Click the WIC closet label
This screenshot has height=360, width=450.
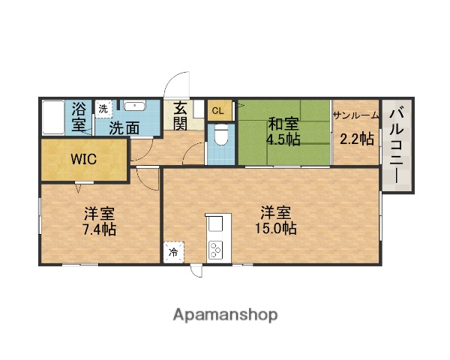click(84, 159)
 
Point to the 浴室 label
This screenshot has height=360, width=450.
click(79, 116)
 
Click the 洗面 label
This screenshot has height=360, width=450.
click(124, 127)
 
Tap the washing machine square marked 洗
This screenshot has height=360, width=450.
click(103, 108)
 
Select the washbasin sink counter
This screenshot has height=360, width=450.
click(136, 106)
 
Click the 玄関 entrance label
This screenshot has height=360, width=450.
click(181, 116)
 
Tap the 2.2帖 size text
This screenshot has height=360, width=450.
click(357, 138)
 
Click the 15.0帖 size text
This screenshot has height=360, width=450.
click(278, 228)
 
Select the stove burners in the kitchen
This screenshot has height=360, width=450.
click(216, 249)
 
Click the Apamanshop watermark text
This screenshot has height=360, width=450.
click(226, 314)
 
